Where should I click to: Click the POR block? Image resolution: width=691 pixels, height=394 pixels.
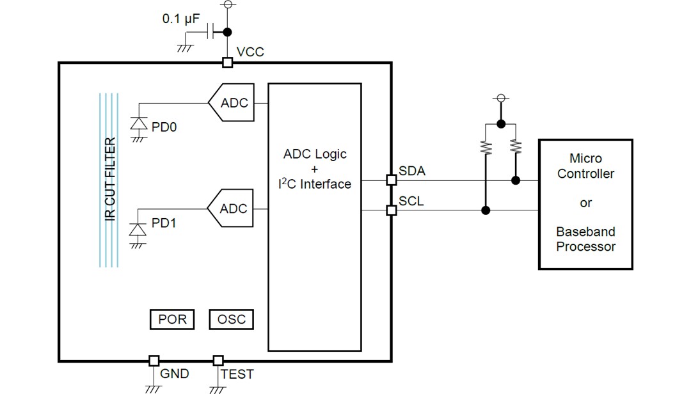coord(172,319)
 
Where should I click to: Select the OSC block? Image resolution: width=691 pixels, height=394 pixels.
coord(231,319)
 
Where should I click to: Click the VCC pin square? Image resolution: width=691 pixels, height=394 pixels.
coord(226,62)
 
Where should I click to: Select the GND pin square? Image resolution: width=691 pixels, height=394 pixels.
coord(154,361)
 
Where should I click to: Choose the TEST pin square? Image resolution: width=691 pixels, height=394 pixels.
coord(218,361)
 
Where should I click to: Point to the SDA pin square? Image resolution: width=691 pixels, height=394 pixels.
coord(391,180)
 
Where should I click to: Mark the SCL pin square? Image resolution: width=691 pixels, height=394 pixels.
coord(391,210)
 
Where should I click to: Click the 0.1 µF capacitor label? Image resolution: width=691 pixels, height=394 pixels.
coord(181,19)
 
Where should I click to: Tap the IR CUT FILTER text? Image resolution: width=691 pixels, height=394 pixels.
coord(109,180)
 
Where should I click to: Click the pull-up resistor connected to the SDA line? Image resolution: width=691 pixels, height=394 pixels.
coord(516,148)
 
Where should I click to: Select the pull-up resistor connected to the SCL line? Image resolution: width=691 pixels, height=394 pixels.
coord(486,148)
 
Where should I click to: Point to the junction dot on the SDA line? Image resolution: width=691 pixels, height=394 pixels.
coord(516,181)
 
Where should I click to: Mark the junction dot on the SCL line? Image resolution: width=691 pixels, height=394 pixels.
coord(486,210)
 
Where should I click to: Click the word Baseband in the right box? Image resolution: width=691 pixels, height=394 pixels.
coord(585,232)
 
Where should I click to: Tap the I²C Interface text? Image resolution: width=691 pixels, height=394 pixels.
coord(314,184)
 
